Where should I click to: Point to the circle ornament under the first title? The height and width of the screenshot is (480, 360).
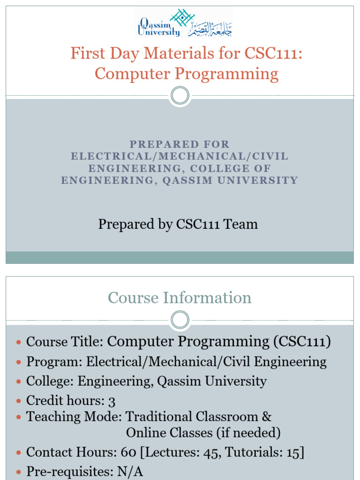tap(180, 96)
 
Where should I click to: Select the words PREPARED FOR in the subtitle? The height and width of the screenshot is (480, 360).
tap(180, 145)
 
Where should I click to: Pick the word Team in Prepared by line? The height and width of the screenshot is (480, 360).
tap(241, 224)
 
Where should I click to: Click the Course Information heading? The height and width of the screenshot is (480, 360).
tap(180, 298)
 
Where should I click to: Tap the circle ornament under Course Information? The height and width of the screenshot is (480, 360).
tap(180, 321)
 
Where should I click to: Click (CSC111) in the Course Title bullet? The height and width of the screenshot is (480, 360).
tap(302, 341)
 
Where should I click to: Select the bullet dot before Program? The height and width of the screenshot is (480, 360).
tap(19, 362)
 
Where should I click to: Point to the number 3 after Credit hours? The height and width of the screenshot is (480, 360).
tap(112, 401)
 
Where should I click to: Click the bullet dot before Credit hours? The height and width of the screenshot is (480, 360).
tap(19, 401)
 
